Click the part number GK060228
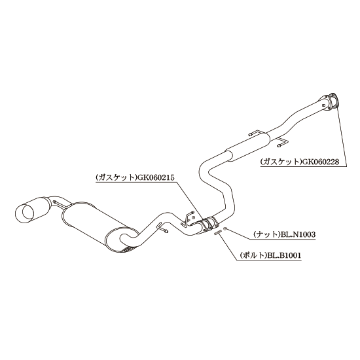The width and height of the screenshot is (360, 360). (x=320, y=162)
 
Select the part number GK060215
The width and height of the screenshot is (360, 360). (x=156, y=177)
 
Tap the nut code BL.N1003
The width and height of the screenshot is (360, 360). (x=298, y=234)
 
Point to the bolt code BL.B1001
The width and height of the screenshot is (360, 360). (x=284, y=255)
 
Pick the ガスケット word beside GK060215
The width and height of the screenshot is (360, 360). (x=117, y=177)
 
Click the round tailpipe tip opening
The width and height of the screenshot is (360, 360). (x=28, y=213)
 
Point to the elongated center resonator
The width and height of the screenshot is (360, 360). (x=247, y=145)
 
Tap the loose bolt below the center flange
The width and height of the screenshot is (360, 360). (x=217, y=232)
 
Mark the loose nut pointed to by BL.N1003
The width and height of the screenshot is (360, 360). (x=225, y=228)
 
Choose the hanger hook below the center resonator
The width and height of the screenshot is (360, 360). (x=282, y=142)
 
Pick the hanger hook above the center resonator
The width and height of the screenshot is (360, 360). (x=255, y=134)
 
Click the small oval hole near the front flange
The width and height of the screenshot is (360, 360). (x=323, y=105)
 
